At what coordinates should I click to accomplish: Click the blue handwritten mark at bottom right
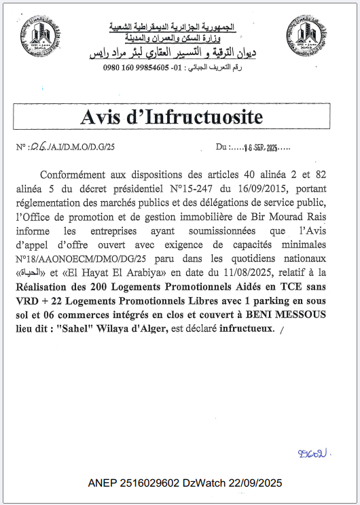tap(314, 452)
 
